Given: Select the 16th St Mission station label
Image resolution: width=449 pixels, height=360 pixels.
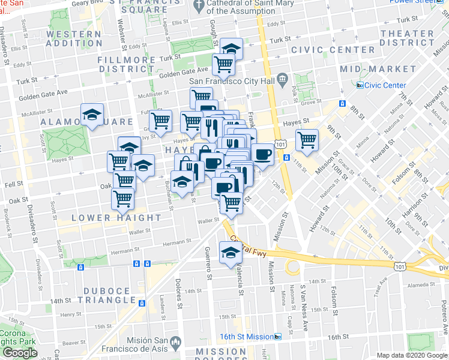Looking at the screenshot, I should pyautogui.click(x=247, y=337).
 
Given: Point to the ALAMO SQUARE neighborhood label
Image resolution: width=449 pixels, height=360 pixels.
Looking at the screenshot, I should pyautogui.click(x=86, y=122).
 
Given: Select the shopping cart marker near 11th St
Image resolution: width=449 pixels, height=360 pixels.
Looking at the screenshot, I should pyautogui.click(x=307, y=140).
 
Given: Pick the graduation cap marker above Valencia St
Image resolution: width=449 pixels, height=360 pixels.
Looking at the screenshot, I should pyautogui.click(x=229, y=252).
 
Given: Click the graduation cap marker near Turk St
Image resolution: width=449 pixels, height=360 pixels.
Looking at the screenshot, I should pyautogui.click(x=231, y=49).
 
